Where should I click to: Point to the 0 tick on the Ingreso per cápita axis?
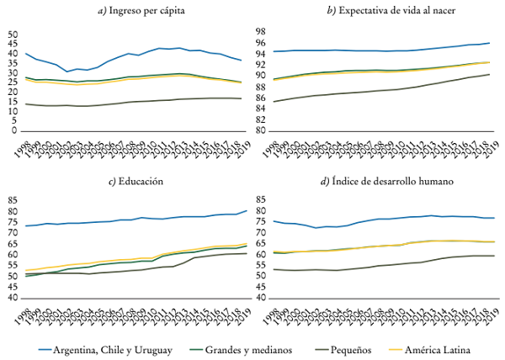click(14, 131)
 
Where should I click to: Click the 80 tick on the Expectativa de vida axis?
click(262, 131)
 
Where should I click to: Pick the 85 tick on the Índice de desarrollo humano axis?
click(262, 200)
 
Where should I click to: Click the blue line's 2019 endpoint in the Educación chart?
click(245, 210)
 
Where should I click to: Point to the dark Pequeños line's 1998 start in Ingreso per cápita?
click(26, 103)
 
